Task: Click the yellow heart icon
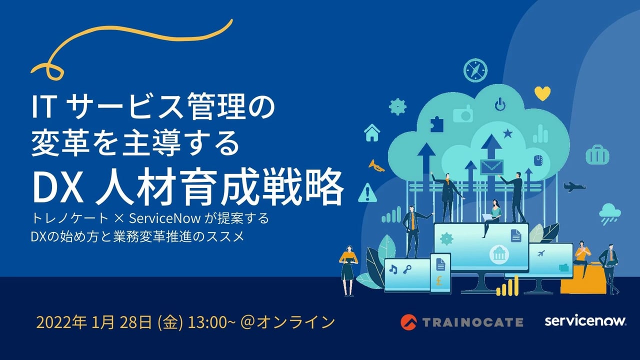(542, 93)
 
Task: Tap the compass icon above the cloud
(475, 70)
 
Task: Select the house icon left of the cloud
(372, 132)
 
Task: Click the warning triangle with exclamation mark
(367, 193)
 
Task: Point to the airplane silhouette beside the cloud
(574, 187)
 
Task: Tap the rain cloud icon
(609, 213)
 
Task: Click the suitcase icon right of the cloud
(597, 154)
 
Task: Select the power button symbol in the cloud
(500, 104)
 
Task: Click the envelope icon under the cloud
(491, 167)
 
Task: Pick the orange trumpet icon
(376, 165)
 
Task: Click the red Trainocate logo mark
(408, 322)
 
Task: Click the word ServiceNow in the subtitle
(164, 218)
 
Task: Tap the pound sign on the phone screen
(439, 280)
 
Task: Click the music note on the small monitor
(393, 269)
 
